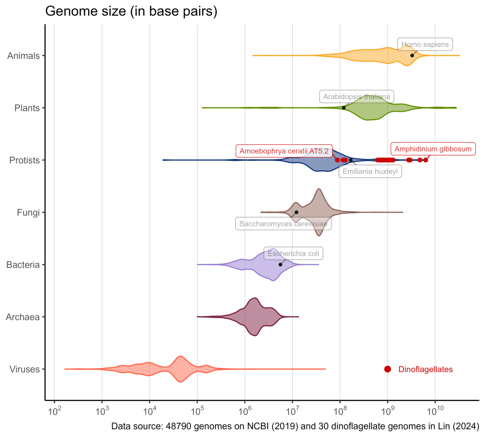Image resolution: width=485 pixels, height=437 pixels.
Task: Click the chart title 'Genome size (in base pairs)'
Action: click(x=131, y=12)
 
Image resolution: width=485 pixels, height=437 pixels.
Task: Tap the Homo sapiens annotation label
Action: click(x=425, y=44)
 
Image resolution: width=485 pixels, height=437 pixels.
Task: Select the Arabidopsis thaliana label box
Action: click(x=357, y=97)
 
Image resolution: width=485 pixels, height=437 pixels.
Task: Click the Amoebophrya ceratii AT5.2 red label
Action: click(x=284, y=151)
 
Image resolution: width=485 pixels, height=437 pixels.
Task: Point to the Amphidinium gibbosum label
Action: click(x=433, y=149)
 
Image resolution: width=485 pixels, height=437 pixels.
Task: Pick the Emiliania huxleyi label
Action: click(x=370, y=172)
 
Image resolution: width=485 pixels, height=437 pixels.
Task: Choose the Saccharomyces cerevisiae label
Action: click(x=283, y=224)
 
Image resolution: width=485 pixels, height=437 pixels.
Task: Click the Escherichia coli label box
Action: click(x=294, y=253)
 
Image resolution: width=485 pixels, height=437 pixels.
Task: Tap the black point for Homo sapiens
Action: click(x=412, y=55)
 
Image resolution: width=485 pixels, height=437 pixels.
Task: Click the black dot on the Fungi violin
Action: click(x=296, y=212)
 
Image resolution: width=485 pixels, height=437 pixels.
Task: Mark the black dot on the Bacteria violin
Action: click(x=280, y=264)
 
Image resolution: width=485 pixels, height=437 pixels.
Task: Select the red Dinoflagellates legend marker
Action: click(x=387, y=369)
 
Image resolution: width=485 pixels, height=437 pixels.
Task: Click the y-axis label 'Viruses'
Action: click(x=25, y=369)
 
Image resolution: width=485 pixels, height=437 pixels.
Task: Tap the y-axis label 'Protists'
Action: click(x=24, y=160)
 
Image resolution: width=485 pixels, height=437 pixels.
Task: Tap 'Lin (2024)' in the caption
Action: click(x=458, y=426)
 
